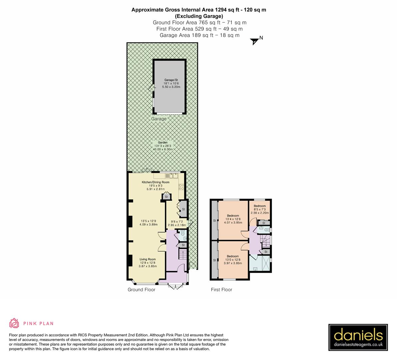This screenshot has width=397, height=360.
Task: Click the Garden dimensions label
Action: point(163,146)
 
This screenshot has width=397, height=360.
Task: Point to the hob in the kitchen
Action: point(182,187)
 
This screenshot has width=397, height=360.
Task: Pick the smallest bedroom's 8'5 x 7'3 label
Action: point(260,209)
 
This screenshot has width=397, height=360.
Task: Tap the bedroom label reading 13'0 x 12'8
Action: point(233,260)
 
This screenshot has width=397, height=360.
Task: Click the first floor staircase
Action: point(265,240)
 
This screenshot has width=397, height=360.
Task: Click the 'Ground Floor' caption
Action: point(141,290)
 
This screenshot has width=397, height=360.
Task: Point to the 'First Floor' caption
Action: point(221,290)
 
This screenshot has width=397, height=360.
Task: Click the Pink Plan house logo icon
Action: point(14,323)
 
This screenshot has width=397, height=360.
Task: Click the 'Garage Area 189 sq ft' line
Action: point(199,35)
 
